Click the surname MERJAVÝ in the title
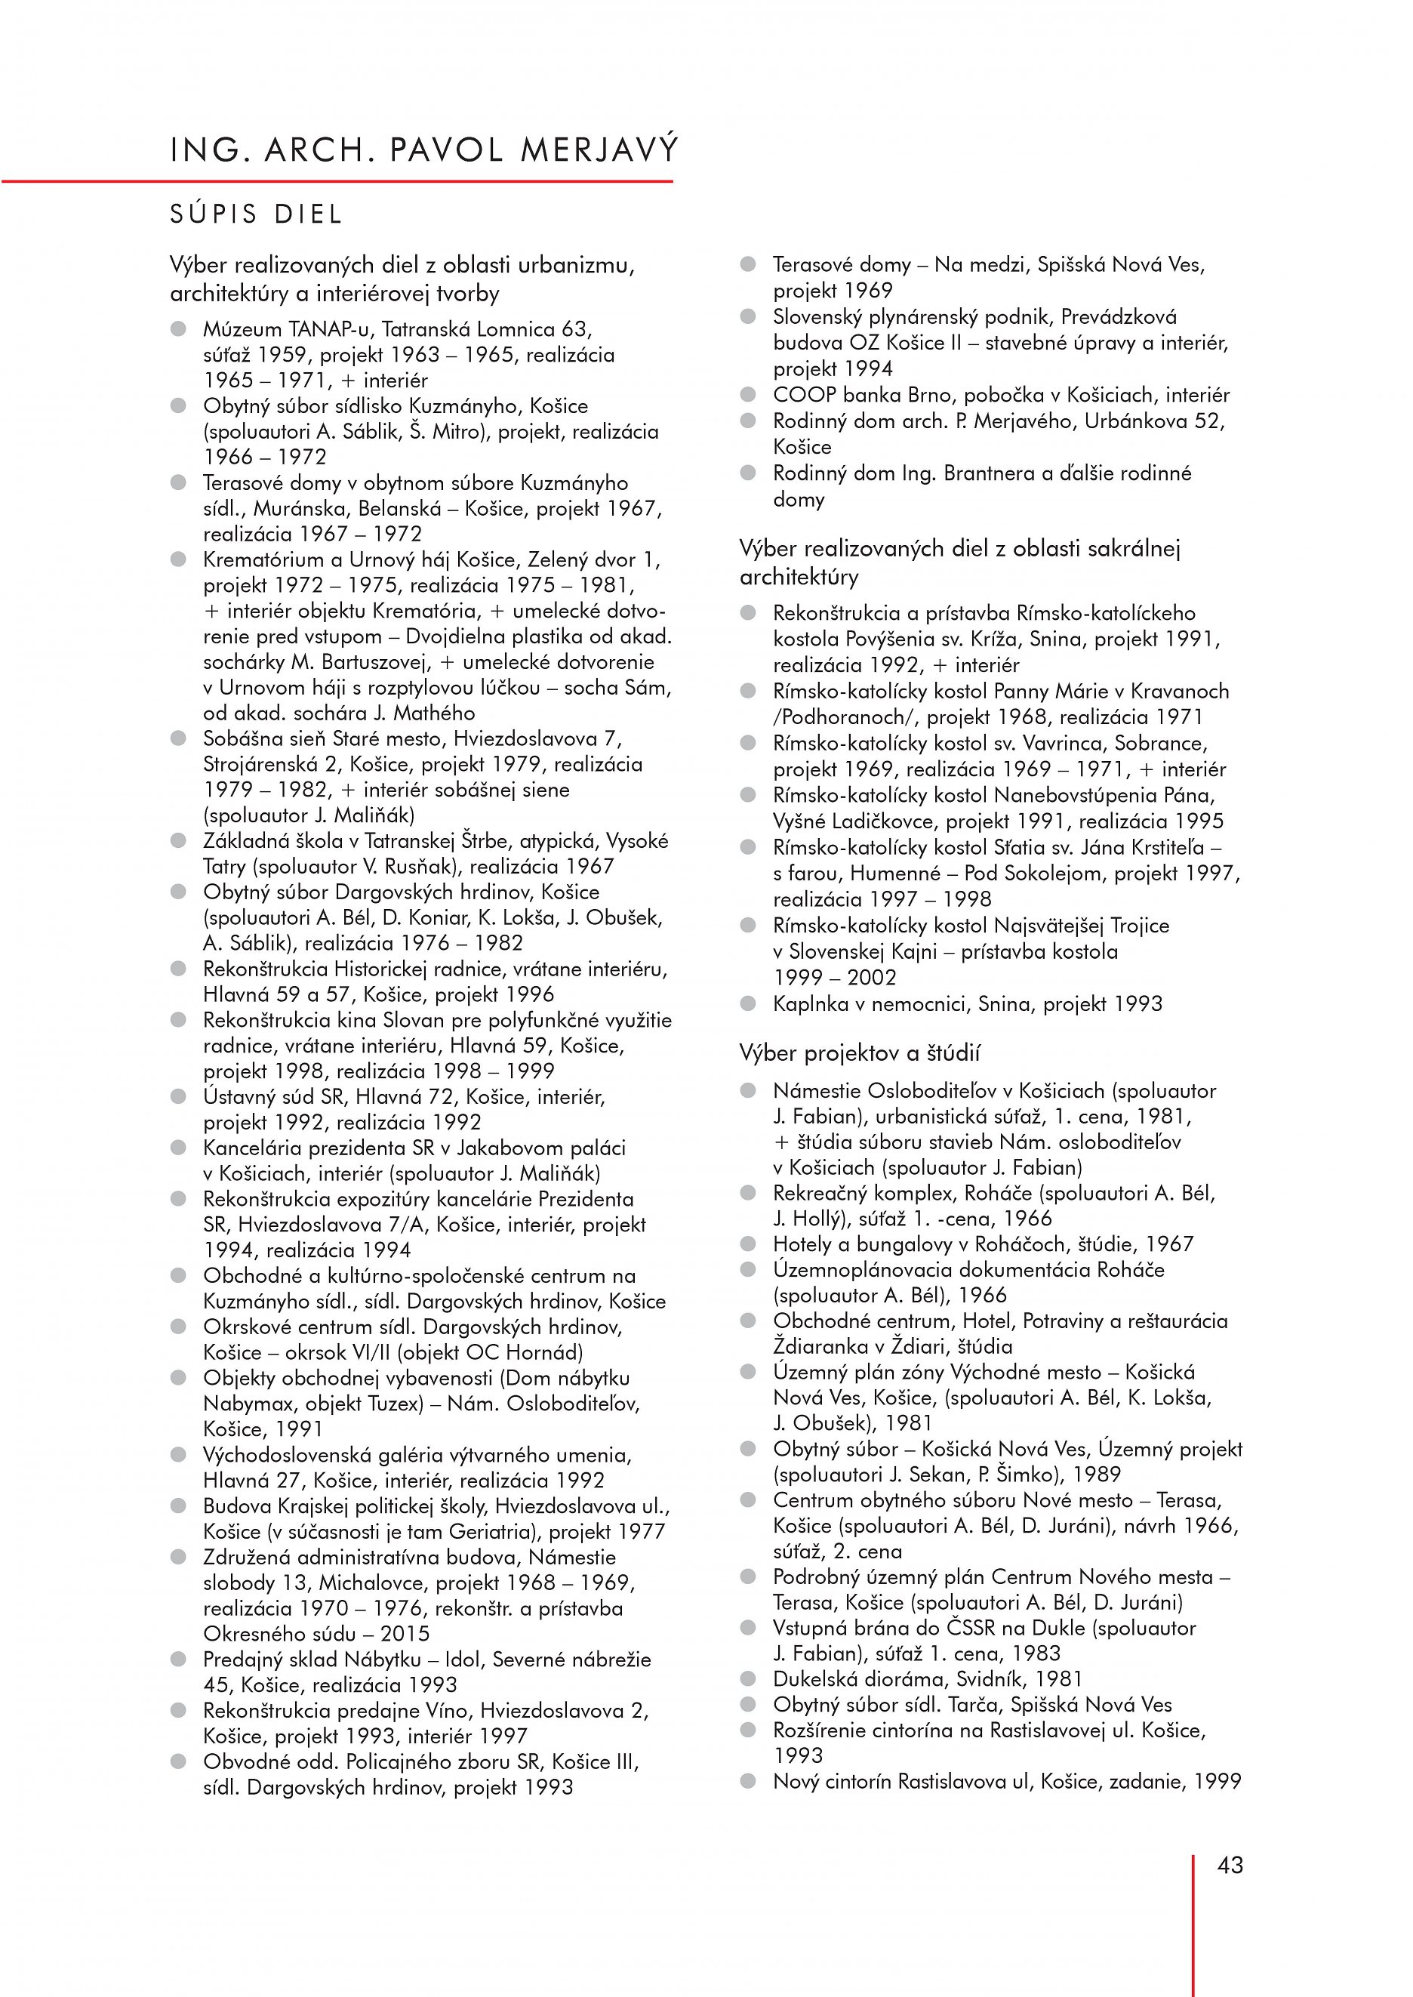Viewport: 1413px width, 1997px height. coord(599,150)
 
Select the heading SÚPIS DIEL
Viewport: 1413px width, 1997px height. coord(257,214)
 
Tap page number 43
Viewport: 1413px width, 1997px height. coord(1230,1865)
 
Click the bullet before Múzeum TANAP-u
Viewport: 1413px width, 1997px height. coord(179,329)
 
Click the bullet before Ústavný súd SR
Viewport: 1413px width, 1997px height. coord(179,1096)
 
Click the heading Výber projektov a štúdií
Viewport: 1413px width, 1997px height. coord(859,1053)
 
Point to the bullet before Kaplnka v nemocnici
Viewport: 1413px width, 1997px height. coord(748,1003)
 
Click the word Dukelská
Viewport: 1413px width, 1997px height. coord(814,1678)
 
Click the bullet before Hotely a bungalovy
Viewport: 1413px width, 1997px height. coord(748,1244)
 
